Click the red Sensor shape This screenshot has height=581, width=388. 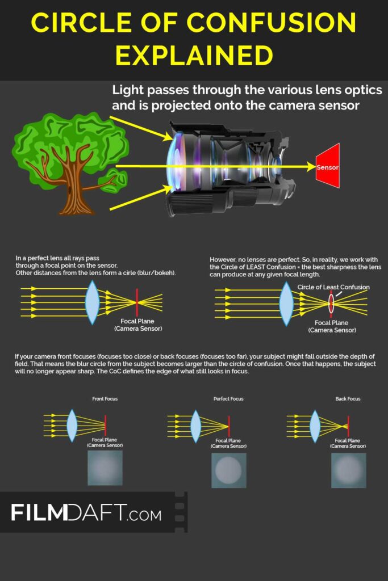coord(328,166)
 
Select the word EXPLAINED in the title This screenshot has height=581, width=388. coord(194,55)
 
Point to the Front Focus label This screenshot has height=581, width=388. coord(105,399)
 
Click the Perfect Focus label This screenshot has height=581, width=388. coord(228,399)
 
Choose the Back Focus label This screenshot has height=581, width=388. coord(348,399)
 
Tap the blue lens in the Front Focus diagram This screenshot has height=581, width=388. coord(72,426)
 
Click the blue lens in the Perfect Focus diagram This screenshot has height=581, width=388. coord(195,426)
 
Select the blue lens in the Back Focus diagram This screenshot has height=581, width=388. coord(315,426)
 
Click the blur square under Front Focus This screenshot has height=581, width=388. coord(105,468)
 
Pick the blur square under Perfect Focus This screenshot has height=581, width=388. coord(228,470)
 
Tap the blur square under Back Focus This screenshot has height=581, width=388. coord(349,470)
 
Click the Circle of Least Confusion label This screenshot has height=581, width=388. coord(333,287)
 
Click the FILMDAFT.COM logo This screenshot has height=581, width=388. coord(86,512)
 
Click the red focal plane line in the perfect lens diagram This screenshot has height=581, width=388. coord(137,302)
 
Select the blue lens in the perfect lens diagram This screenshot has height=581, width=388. coord(93,302)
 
